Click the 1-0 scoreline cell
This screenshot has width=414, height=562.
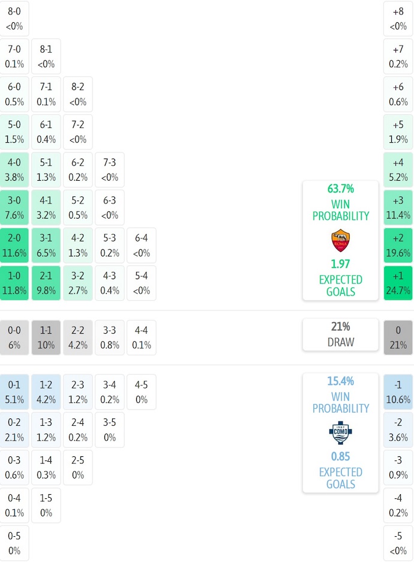tap(14, 283)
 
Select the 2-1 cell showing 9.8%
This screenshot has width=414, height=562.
tap(46, 283)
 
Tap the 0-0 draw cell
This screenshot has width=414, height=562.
tap(14, 337)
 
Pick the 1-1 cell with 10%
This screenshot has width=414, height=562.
tap(46, 337)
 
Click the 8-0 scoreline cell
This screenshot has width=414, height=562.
tap(14, 18)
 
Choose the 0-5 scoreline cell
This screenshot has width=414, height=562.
tap(14, 543)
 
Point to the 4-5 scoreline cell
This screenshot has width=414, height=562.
tap(142, 391)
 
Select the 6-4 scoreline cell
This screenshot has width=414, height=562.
tap(142, 245)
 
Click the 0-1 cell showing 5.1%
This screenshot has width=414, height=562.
tap(14, 391)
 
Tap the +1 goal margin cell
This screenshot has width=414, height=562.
tap(398, 283)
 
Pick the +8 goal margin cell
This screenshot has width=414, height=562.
tap(398, 18)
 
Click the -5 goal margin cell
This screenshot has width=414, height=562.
tap(398, 543)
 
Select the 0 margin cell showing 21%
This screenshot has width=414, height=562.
tap(398, 337)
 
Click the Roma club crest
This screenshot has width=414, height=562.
tap(340, 241)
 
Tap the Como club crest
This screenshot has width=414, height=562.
tap(340, 433)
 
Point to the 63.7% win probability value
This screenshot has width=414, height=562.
tap(340, 189)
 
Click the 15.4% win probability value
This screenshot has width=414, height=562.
tap(340, 381)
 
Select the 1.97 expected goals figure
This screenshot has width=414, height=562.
tap(340, 264)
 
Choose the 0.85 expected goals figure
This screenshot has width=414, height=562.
tap(340, 456)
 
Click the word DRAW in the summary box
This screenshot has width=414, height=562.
tap(340, 342)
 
